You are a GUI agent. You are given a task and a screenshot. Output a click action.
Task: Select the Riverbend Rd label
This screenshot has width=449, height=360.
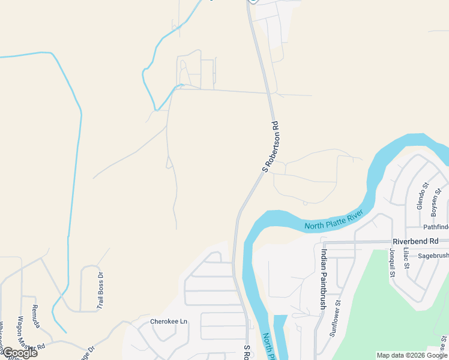pos(416,241)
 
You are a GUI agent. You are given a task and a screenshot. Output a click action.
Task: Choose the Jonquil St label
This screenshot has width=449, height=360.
pos(392,262)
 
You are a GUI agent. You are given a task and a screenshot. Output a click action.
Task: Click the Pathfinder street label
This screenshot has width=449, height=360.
pos(435,227)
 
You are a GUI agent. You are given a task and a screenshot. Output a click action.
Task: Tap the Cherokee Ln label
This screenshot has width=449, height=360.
pos(169,322)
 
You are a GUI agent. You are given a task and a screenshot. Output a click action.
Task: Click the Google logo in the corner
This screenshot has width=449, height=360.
pos(19,353)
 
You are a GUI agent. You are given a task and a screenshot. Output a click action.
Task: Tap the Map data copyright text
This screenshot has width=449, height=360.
pos(411,355)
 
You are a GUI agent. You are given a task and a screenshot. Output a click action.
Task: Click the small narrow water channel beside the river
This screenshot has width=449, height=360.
pos(278,336)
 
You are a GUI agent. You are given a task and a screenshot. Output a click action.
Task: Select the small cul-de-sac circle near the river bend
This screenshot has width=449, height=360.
pos(305,203)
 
